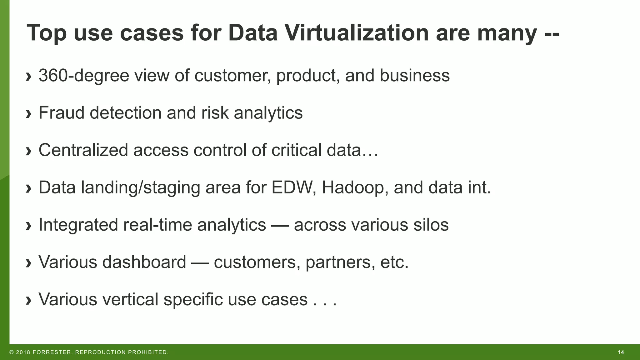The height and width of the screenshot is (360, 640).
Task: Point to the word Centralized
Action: tap(83, 150)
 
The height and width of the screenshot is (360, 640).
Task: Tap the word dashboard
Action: tap(144, 262)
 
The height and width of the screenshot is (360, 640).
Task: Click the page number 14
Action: tap(621, 352)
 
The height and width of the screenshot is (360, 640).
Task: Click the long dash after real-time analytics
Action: tap(280, 225)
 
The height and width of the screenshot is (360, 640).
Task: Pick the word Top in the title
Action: tap(47, 33)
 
